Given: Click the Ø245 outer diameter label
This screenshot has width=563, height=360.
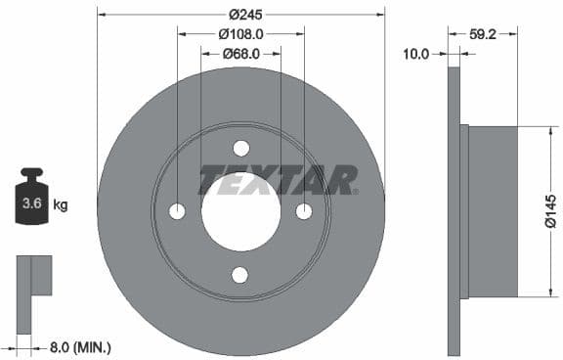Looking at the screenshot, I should (241, 15).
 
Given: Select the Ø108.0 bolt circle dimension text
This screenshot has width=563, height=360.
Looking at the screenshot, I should (239, 34).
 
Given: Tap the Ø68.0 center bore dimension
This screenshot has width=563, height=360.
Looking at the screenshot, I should (239, 54).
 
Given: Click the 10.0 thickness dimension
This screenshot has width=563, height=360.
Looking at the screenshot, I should (416, 54).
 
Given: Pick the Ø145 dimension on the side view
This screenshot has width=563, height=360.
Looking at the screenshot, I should (550, 210).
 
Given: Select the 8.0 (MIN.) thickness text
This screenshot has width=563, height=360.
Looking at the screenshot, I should (79, 346).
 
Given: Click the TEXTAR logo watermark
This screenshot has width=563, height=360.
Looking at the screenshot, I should (279, 180).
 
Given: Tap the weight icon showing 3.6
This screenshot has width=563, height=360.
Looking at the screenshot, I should (31, 202).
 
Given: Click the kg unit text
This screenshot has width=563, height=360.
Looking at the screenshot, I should (61, 205).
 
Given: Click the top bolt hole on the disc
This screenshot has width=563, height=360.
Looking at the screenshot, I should (240, 148).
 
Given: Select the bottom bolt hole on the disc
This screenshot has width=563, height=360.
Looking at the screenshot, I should (240, 275).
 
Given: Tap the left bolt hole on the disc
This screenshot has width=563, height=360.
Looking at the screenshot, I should (177, 211).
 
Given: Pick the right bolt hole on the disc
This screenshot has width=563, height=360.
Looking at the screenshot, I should (304, 211).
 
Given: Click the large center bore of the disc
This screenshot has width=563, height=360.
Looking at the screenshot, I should (240, 211).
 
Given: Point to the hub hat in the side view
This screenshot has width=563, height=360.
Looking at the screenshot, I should (492, 211).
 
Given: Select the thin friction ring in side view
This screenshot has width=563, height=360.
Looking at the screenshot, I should (454, 211).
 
